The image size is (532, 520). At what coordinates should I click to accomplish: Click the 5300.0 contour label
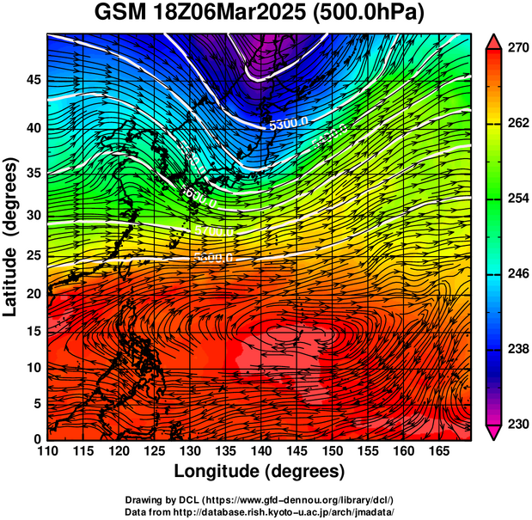pyautogui.click(x=288, y=124)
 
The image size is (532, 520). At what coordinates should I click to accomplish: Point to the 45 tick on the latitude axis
pyautogui.click(x=33, y=80)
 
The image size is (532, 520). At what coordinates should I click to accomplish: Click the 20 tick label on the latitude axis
pyautogui.click(x=33, y=294)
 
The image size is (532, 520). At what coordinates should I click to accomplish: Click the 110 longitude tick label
pyautogui.click(x=47, y=451)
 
